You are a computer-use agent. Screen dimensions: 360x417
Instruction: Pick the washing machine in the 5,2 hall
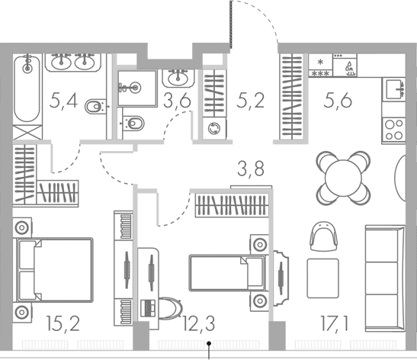(x=213, y=128)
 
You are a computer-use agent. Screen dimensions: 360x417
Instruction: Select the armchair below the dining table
(x=323, y=236)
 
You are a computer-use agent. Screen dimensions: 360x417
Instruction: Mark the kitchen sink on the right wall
(x=396, y=89)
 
